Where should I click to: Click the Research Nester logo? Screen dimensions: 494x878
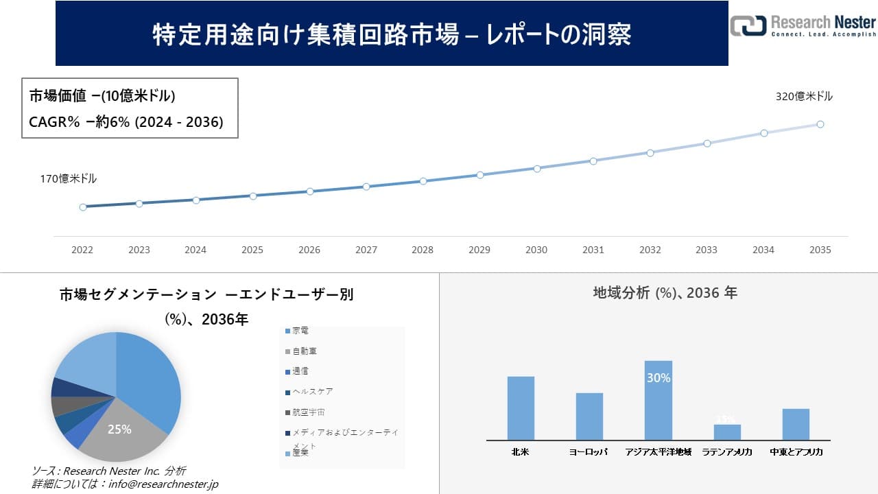click(803, 25)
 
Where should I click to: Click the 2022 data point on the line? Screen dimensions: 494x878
click(83, 207)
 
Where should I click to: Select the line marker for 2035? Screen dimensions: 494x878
click(820, 124)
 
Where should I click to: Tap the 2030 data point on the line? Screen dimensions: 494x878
click(537, 168)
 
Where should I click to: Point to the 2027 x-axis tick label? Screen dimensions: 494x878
click(366, 250)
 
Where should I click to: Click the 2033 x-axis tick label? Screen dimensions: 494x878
click(707, 250)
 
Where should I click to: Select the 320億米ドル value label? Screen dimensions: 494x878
click(804, 97)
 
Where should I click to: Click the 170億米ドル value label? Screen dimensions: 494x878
click(69, 179)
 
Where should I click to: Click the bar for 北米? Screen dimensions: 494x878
click(521, 408)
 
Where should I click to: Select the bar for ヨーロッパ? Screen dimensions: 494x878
click(589, 416)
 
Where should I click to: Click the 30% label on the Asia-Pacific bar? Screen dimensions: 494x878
click(658, 378)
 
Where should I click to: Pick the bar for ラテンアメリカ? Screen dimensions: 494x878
click(727, 432)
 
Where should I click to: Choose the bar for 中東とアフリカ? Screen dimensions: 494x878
click(796, 424)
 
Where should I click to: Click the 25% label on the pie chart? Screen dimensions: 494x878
click(119, 430)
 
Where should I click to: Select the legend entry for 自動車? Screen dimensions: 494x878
click(304, 351)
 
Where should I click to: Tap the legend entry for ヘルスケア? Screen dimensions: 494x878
click(312, 392)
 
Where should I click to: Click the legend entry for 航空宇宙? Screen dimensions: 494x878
click(308, 412)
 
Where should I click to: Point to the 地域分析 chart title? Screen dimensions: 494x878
click(665, 293)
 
